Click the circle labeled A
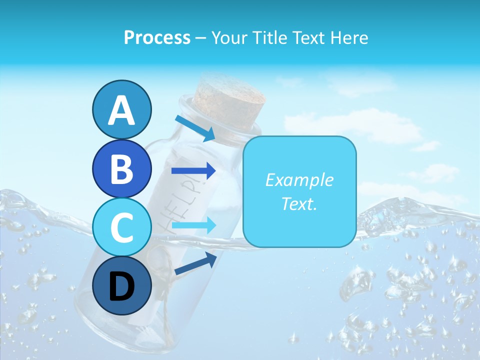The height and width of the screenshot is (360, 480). point(121,109)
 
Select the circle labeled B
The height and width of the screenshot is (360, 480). point(121,168)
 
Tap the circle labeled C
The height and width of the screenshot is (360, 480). point(121,227)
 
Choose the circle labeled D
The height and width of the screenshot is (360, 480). point(121,286)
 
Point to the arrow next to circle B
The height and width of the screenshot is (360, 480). point(193,171)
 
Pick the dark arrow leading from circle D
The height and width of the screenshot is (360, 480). point(195,263)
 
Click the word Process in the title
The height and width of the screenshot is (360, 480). point(157,38)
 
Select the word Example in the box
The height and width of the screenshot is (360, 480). point(299,180)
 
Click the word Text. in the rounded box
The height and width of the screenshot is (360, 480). point(299,204)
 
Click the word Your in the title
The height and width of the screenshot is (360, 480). point(228,38)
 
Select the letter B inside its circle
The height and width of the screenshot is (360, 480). point(121,168)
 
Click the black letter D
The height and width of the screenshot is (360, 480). point(121,287)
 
